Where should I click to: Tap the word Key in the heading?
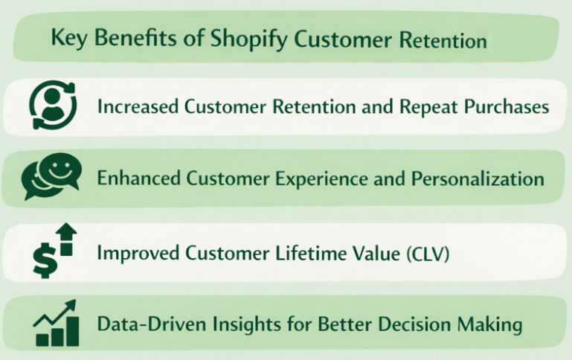click(x=68, y=38)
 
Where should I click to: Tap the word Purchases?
click(x=507, y=106)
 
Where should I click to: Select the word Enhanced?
click(x=138, y=179)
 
